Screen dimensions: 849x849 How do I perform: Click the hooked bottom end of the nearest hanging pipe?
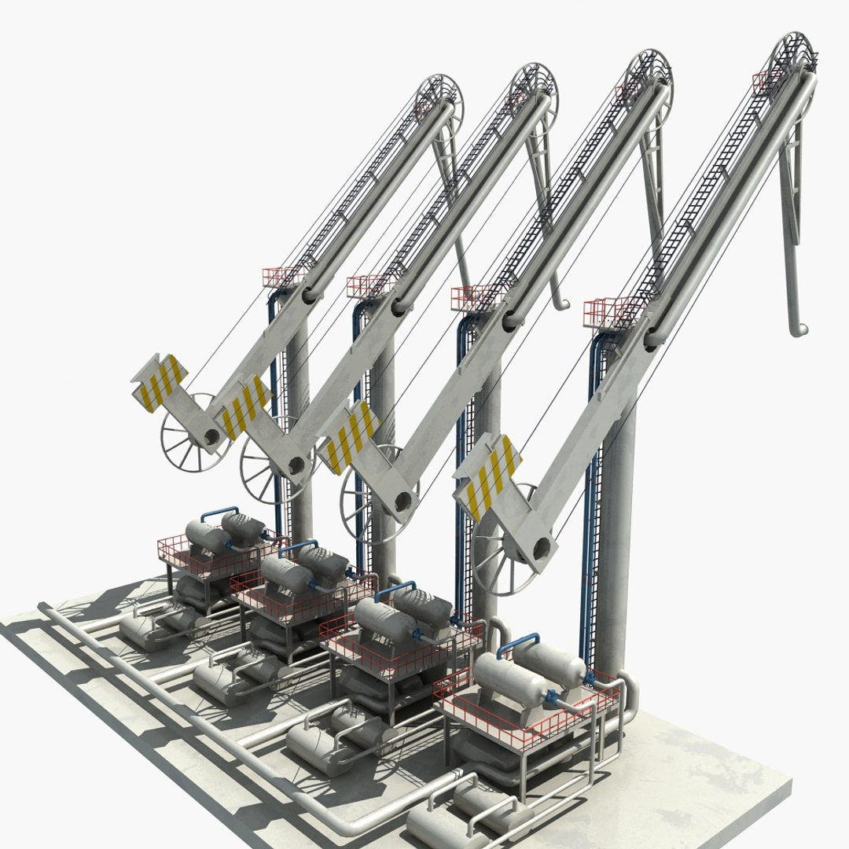coord(797,329)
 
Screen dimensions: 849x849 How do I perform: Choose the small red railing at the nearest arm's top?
coord(766,79)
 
